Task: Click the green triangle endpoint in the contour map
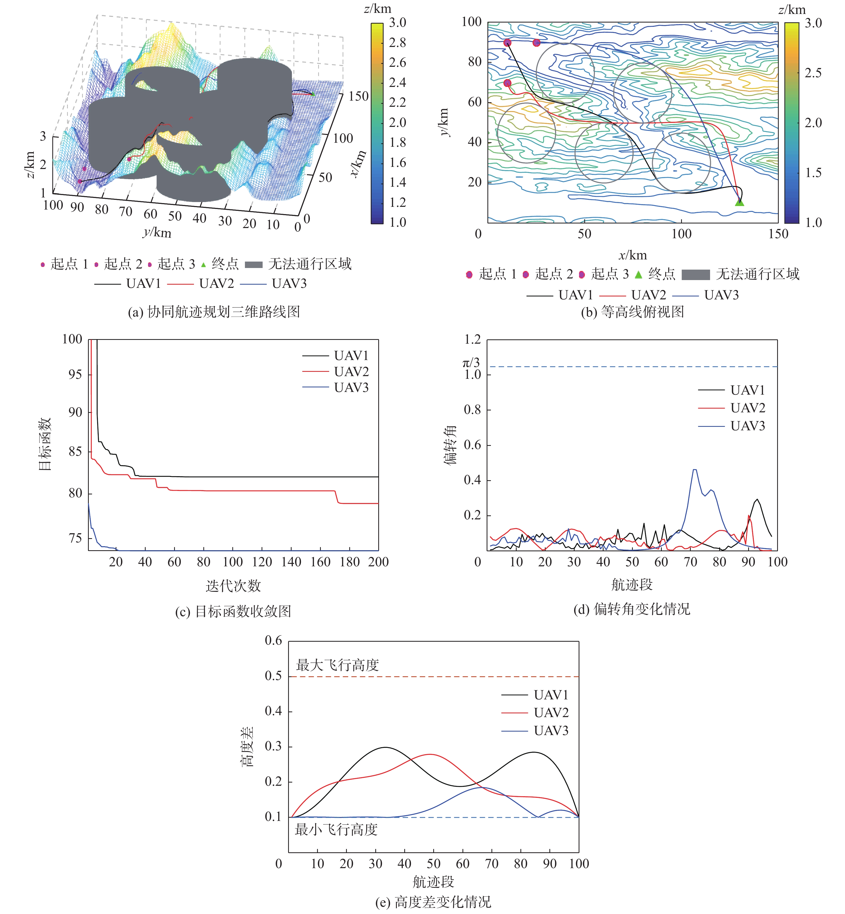tap(739, 202)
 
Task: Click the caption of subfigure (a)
tap(214, 312)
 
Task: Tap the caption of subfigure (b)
tap(632, 312)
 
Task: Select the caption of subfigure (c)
tap(233, 611)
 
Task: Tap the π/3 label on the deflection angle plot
tap(471, 363)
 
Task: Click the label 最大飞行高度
tap(337, 665)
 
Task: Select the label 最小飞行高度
tap(336, 829)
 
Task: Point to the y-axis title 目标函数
tap(45, 443)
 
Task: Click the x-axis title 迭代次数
tap(233, 586)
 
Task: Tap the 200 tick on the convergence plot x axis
tap(378, 562)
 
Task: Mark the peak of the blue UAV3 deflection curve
tap(695, 469)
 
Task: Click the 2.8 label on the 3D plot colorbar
tap(397, 43)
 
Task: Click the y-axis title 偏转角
tap(450, 445)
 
